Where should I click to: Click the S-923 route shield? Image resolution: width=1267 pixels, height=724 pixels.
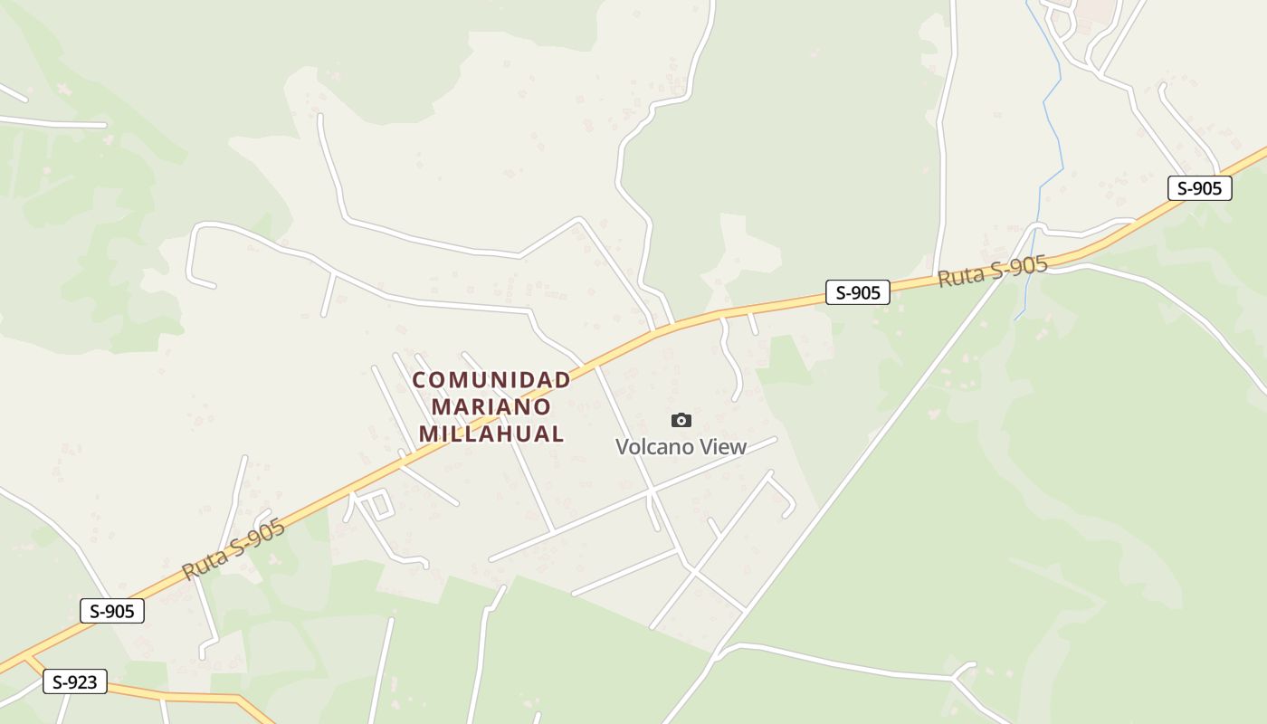(74, 681)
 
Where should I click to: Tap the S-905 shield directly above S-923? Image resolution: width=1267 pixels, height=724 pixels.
(112, 611)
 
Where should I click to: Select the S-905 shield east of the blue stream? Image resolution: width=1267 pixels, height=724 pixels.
(1199, 188)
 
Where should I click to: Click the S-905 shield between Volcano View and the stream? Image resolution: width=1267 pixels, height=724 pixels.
(857, 292)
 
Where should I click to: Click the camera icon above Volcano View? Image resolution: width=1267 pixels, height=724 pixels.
(681, 420)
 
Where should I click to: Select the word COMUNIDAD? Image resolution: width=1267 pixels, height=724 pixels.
(491, 380)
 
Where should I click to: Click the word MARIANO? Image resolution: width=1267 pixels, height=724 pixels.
(491, 406)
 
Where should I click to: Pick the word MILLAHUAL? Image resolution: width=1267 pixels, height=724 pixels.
(491, 433)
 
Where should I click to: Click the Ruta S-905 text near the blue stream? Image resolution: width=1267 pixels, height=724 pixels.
(992, 271)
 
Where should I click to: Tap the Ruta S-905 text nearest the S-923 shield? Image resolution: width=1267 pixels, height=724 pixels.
(233, 549)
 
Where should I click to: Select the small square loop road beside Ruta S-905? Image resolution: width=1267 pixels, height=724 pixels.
(381, 504)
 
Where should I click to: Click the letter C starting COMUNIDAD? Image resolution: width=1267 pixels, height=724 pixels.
(419, 380)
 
